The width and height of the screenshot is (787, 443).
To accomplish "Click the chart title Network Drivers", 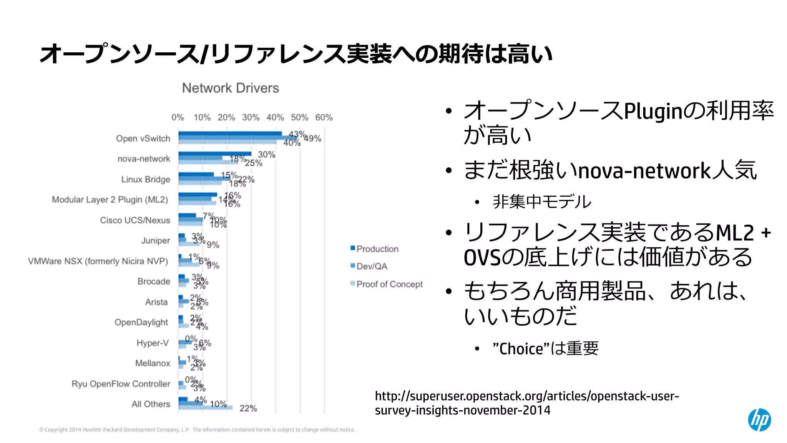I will (x=230, y=88).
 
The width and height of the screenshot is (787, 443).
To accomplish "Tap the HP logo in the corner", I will (x=759, y=420).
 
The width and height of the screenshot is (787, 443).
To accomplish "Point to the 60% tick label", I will (x=324, y=117).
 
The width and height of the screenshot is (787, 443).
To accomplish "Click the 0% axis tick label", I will (x=178, y=117).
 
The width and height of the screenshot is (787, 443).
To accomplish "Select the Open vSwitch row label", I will (x=143, y=138).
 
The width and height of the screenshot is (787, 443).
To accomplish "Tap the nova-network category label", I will (x=144, y=159).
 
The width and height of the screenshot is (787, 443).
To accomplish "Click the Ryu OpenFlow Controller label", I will (x=121, y=384).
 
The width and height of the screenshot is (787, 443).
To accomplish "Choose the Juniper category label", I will (x=155, y=240).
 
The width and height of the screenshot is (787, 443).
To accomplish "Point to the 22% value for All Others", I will (x=248, y=408).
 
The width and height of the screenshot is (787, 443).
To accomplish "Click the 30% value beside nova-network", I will (x=266, y=155).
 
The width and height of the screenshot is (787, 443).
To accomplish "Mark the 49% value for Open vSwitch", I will (x=312, y=138).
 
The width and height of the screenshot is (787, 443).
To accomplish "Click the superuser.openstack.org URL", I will (x=526, y=403).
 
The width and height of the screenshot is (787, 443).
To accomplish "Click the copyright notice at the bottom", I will (x=197, y=430).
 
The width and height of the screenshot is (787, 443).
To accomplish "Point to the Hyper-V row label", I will (x=153, y=343).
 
